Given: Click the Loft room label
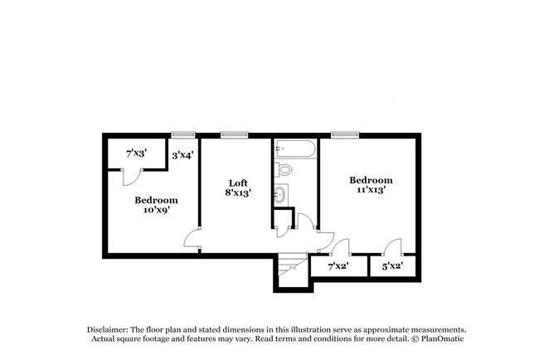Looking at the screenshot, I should pos(239,182).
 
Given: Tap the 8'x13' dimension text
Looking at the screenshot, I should pos(239,193).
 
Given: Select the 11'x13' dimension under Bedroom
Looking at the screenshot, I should pos(370,190).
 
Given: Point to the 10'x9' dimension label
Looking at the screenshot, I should pos(156,210).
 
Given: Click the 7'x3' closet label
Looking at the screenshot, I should pos(136,153).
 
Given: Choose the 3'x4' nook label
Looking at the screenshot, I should pos(182,154).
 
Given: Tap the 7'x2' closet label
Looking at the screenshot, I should pos(338,266).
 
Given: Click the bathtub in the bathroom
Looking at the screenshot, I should pos(294,150).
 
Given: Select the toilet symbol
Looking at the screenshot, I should pos(285,169).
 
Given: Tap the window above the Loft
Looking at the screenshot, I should pos(235,134).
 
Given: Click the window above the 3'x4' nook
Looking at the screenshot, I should pos(182,134).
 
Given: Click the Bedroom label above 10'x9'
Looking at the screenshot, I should pos(156,199).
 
